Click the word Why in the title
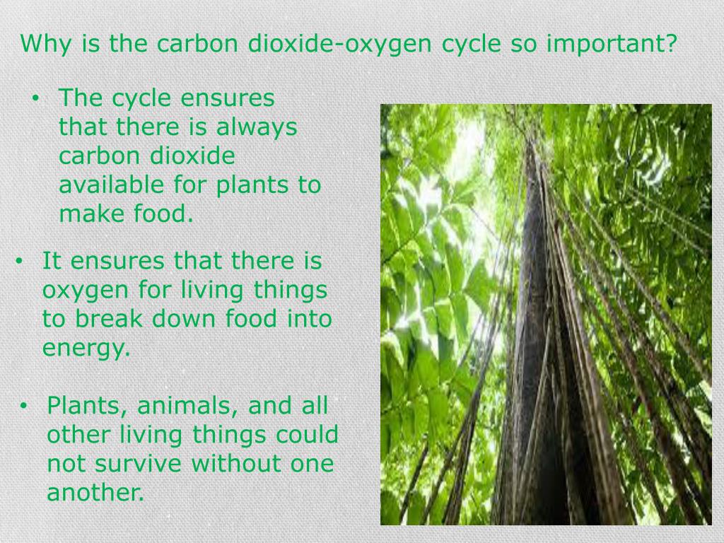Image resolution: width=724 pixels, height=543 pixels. (44, 44)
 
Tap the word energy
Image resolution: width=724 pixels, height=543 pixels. (86, 349)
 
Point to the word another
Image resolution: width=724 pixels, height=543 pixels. (95, 493)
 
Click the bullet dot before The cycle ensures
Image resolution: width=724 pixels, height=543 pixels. (35, 99)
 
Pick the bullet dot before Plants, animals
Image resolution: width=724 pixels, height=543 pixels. (23, 407)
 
